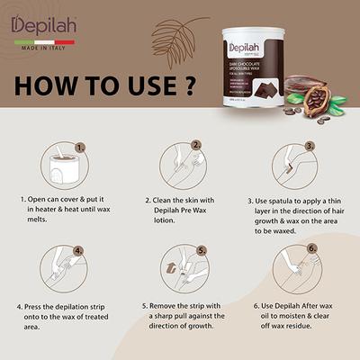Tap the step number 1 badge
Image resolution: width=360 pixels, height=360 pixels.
(80, 144)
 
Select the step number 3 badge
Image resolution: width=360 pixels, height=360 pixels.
(309, 144)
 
